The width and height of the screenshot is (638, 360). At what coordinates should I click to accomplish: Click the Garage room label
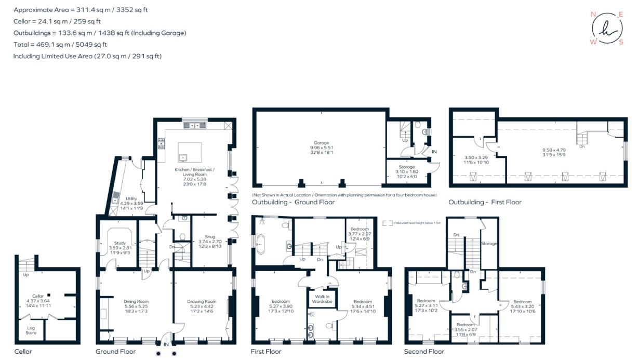(321, 143)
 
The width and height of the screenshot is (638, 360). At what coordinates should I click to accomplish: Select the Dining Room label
(136, 301)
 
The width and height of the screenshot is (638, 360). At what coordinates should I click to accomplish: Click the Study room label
(119, 243)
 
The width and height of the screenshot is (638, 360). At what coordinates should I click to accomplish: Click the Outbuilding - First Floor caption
(485, 202)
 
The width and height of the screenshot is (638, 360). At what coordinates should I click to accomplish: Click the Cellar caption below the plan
(23, 352)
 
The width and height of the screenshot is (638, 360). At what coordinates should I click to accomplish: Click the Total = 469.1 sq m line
(60, 45)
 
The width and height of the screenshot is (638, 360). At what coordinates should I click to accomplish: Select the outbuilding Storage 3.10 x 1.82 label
(406, 167)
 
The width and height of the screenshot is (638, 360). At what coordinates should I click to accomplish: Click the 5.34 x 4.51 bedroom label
(363, 301)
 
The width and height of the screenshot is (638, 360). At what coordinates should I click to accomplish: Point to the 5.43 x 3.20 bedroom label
(522, 301)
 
